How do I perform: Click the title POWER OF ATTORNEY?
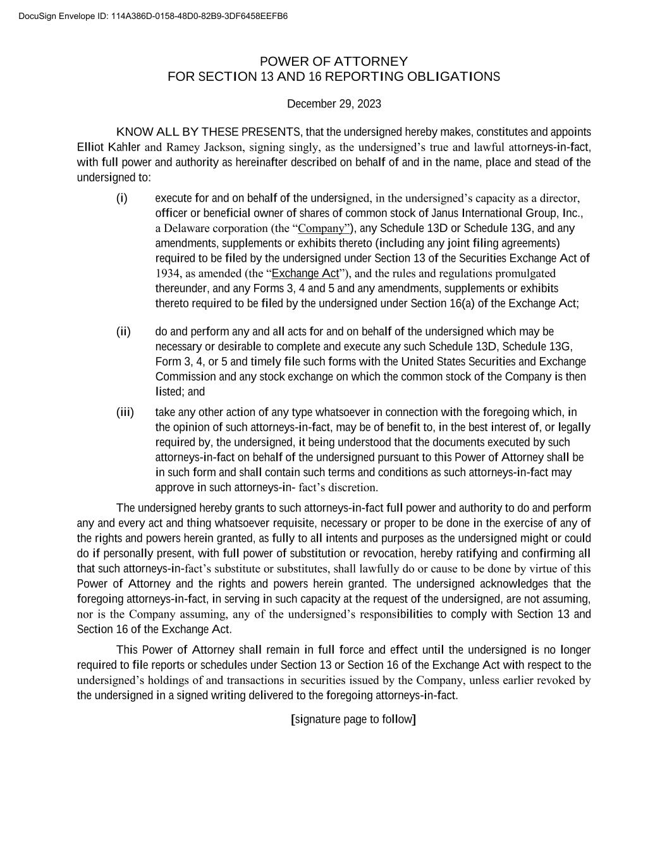pyautogui.click(x=334, y=61)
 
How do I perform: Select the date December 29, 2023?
pyautogui.click(x=334, y=104)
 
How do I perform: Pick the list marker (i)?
pyautogui.click(x=122, y=199)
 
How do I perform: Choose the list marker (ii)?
pyautogui.click(x=123, y=331)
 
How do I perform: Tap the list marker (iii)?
pyautogui.click(x=125, y=412)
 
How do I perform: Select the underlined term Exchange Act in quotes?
pyautogui.click(x=305, y=273)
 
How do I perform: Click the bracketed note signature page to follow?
pyautogui.click(x=353, y=719)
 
